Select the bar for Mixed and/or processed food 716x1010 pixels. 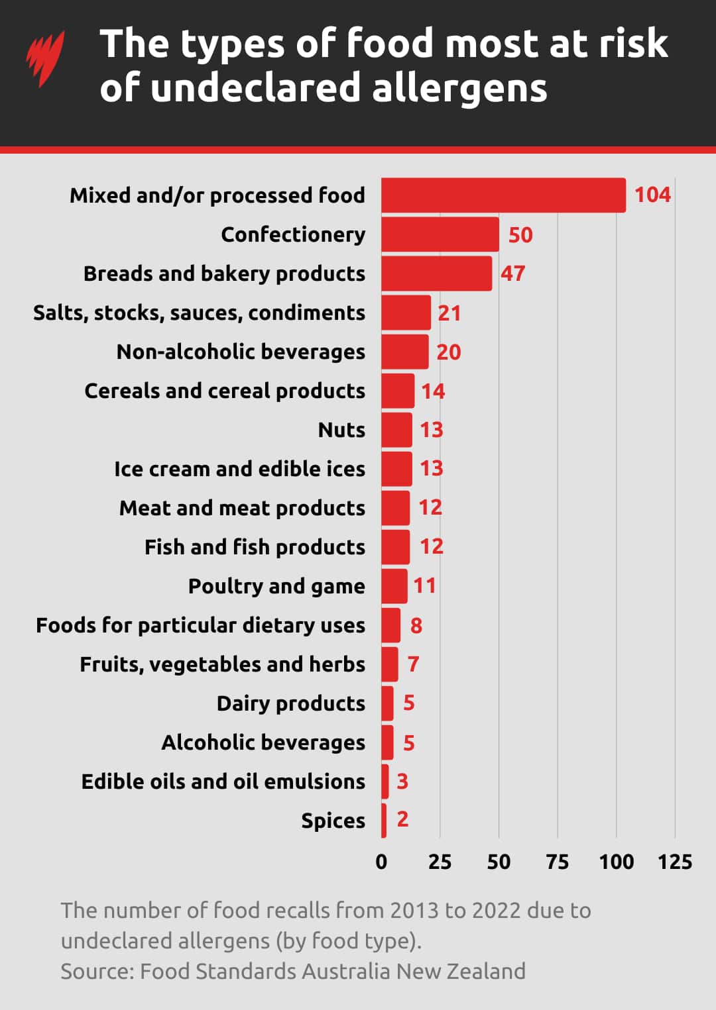(503, 195)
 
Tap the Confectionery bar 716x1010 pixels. (440, 234)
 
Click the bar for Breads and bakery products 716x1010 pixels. (436, 274)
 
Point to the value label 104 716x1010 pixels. (652, 195)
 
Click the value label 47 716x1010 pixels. (512, 274)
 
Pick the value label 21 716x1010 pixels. (449, 313)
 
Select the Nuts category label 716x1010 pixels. (341, 430)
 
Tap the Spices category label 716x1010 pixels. (333, 821)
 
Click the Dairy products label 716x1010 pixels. (290, 703)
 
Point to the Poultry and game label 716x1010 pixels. (276, 586)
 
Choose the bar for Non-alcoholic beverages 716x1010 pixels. (404, 352)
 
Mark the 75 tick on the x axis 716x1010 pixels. (557, 862)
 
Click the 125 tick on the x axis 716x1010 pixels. (674, 862)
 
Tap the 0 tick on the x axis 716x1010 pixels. (381, 862)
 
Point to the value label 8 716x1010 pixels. (416, 625)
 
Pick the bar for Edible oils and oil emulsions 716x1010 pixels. (385, 782)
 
